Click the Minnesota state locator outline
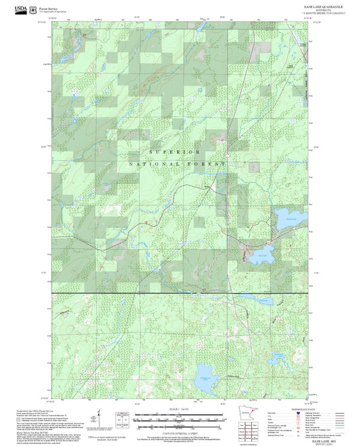coord(242,415)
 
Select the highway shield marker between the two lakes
coord(269,242)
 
